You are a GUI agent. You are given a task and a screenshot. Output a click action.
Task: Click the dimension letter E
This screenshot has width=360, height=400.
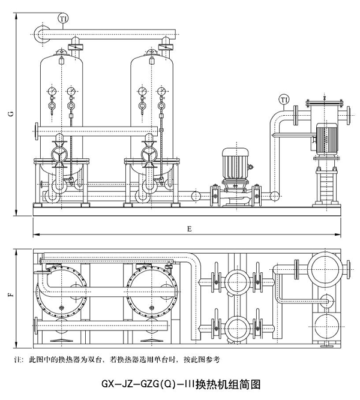tap(188, 228)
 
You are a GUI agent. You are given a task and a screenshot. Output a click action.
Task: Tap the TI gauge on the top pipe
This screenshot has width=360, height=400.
tap(62, 19)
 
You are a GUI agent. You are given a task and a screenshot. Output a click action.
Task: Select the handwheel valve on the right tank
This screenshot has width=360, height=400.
tap(149, 155)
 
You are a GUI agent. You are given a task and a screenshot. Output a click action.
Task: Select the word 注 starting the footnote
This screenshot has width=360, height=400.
tap(16, 360)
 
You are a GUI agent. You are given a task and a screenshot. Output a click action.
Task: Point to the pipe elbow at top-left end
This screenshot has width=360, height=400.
tap(40, 34)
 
